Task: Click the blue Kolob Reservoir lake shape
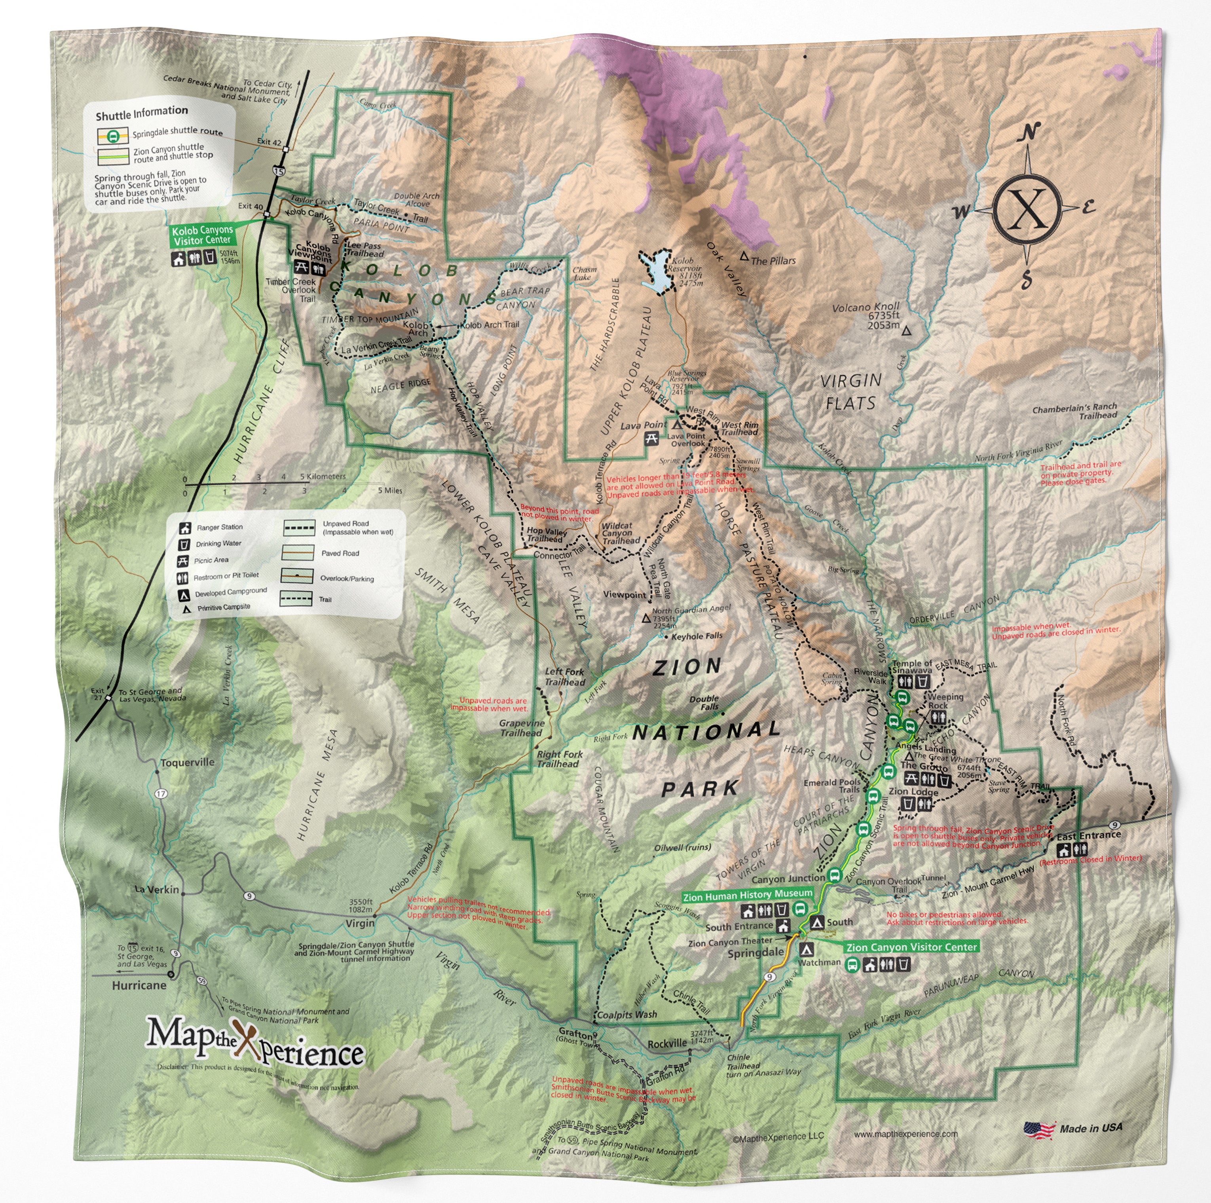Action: (656, 271)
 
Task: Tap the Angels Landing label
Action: (925, 748)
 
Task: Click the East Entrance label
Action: (1088, 836)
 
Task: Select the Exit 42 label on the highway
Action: (268, 142)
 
